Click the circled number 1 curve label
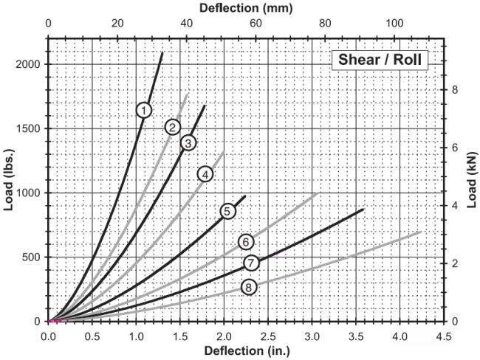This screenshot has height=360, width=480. [144, 110]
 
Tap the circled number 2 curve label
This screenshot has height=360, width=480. [173, 127]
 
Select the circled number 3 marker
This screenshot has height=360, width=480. [188, 142]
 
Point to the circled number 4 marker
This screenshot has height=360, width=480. [205, 174]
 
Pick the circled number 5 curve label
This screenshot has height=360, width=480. [228, 212]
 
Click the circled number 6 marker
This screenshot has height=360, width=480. [247, 241]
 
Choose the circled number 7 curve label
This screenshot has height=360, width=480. [251, 263]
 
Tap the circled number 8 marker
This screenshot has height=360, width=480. [249, 287]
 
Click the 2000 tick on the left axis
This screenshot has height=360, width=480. [28, 64]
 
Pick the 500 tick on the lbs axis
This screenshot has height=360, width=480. [32, 257]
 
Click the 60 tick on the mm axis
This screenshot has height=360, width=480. [256, 24]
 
